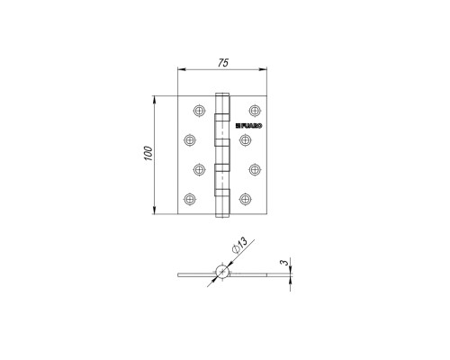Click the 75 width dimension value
tap(223, 62)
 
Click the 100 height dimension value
tap(148, 153)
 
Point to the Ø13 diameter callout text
tap(240, 246)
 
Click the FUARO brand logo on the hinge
tap(248, 126)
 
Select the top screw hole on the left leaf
tap(199, 111)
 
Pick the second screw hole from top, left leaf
tap(190, 140)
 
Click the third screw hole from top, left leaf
tap(199, 169)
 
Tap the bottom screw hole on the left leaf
tap(190, 199)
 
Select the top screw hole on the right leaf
tap(255, 111)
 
